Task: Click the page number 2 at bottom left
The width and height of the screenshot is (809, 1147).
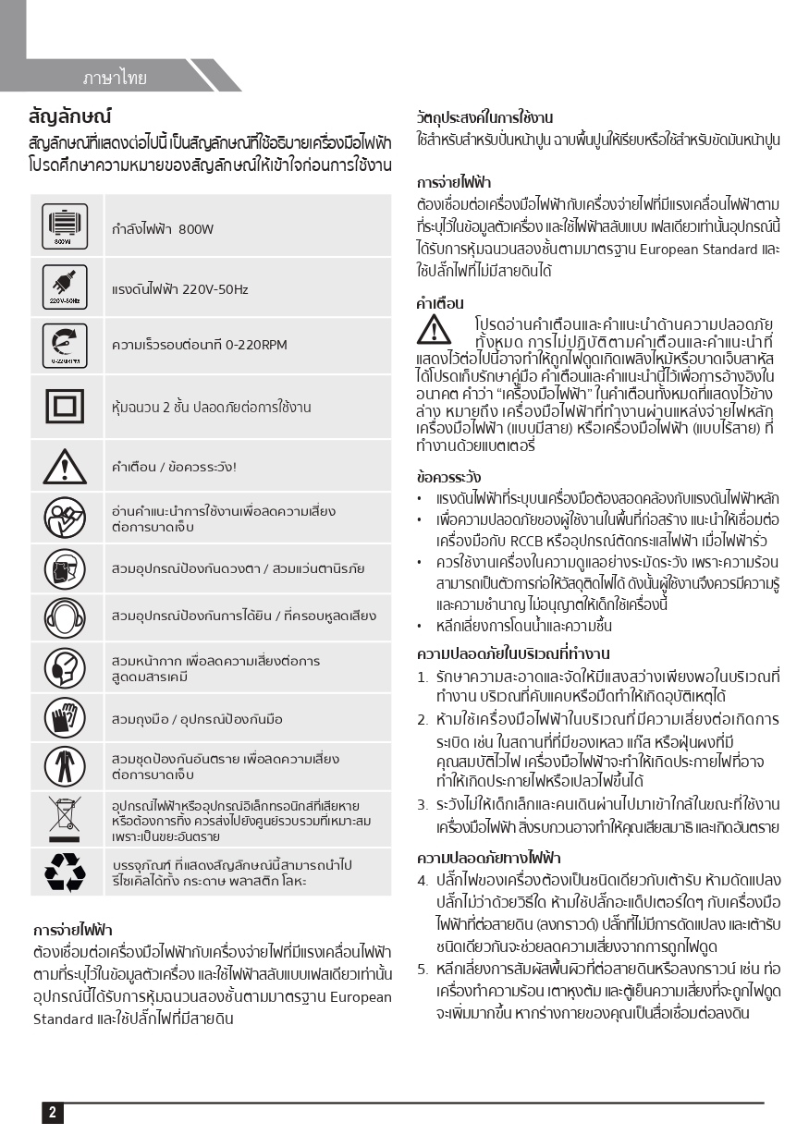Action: point(52,1113)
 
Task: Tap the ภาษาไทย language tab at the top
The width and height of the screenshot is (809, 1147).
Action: point(115,78)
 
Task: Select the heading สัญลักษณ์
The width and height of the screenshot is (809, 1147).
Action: point(70,116)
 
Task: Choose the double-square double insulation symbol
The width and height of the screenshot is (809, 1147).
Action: point(64,406)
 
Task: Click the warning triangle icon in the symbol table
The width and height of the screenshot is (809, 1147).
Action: point(64,466)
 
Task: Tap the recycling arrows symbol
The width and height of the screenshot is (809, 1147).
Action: point(64,871)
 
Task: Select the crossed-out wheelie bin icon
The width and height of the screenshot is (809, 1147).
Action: point(64,819)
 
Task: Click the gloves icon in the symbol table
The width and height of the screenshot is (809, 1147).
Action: point(64,718)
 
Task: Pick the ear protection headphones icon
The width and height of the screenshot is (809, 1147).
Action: point(64,616)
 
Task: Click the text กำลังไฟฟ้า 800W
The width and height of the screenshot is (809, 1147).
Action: point(163,229)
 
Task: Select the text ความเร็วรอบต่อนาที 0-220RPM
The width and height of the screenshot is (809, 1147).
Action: point(199,346)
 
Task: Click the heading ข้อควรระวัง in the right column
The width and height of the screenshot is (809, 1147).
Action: point(448,478)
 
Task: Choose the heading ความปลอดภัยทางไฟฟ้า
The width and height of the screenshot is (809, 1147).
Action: point(488,858)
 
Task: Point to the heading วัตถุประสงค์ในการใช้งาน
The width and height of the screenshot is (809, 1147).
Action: point(484,117)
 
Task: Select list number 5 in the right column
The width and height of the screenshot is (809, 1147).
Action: point(422,969)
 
